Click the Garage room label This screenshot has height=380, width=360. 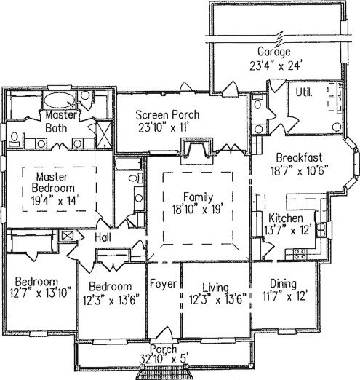point(274,52)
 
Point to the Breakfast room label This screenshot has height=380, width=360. point(300,158)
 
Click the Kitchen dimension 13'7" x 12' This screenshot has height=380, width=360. point(287,230)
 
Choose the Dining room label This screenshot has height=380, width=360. point(284,284)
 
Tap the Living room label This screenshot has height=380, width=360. point(215,288)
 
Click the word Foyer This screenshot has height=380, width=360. point(163,284)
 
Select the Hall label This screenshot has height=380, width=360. point(103,237)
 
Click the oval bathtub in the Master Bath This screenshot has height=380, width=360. point(60,100)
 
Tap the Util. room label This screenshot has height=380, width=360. point(304,92)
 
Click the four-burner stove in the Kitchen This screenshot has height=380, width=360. point(300,254)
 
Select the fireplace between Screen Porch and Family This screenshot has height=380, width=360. point(196,149)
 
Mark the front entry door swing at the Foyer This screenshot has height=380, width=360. point(164,333)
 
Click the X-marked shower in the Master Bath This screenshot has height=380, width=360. point(104,134)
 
